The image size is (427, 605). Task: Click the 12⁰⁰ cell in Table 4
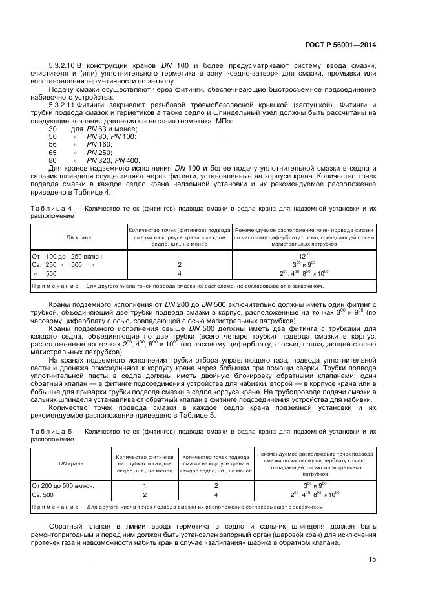tap(303, 256)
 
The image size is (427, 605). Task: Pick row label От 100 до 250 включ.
tap(68, 256)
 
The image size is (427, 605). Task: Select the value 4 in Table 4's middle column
tap(179, 273)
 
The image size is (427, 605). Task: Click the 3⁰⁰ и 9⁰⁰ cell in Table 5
tap(315, 485)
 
